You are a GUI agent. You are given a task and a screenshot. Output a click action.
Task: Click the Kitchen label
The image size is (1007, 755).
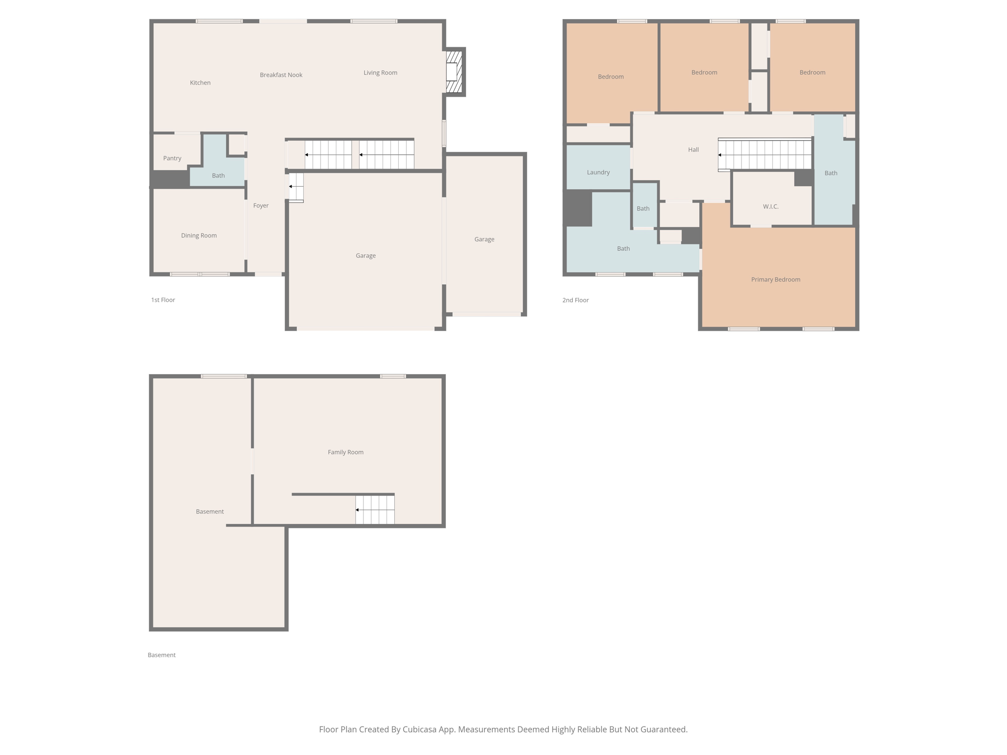click(200, 83)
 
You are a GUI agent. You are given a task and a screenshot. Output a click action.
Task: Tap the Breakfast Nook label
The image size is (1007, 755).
click(281, 75)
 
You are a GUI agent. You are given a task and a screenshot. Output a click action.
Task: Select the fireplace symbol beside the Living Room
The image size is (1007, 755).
click(453, 72)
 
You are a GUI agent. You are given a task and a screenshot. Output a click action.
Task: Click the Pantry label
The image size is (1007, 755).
click(172, 158)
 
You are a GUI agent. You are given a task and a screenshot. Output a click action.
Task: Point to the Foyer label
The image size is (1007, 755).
click(261, 205)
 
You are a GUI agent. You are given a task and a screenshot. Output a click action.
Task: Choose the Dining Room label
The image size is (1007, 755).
click(199, 235)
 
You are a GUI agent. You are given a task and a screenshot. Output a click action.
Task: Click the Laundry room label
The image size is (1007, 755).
click(598, 172)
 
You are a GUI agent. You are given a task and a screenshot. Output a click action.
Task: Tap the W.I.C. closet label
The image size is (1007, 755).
click(770, 206)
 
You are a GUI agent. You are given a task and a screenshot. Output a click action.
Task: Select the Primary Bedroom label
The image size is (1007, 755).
click(775, 279)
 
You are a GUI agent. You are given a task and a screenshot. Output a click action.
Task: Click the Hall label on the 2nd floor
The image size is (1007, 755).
click(693, 149)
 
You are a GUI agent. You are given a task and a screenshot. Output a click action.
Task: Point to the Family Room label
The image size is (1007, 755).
click(345, 452)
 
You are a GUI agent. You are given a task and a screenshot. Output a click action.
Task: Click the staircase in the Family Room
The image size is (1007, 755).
click(375, 510)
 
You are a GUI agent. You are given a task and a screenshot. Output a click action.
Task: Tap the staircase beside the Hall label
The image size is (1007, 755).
click(765, 155)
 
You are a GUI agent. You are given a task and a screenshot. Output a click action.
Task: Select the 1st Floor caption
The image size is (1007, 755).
click(163, 300)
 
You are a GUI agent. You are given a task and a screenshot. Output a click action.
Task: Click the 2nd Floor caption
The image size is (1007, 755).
click(575, 300)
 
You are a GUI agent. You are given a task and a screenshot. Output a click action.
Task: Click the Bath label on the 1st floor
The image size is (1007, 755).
click(218, 175)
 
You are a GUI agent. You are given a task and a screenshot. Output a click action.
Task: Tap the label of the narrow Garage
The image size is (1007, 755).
click(484, 239)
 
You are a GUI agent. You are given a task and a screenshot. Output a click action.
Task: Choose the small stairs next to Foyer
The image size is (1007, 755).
click(296, 187)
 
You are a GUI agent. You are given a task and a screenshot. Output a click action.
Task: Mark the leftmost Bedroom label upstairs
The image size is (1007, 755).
click(610, 77)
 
